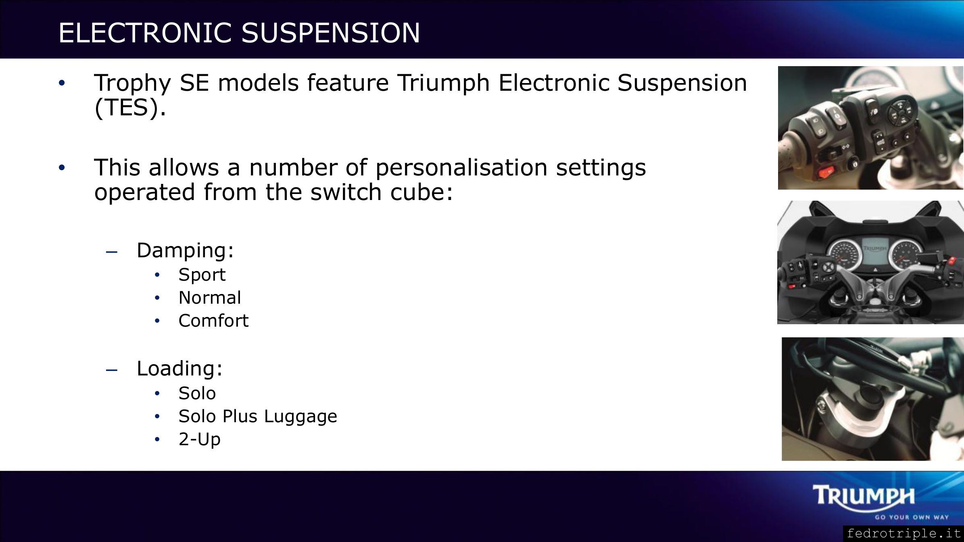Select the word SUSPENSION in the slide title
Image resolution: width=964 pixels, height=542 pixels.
pyautogui.click(x=331, y=33)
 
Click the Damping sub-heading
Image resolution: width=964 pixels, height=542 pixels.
pyautogui.click(x=185, y=251)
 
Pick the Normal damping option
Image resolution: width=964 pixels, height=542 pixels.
pyautogui.click(x=210, y=298)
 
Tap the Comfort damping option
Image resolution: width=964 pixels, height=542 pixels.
pyautogui.click(x=213, y=321)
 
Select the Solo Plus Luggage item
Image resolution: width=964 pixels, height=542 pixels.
pyautogui.click(x=258, y=417)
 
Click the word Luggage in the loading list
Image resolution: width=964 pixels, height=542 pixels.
pyautogui.click(x=300, y=417)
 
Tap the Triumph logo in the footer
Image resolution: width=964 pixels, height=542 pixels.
pyautogui.click(x=863, y=495)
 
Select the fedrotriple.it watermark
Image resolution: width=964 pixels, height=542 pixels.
pyautogui.click(x=904, y=534)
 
